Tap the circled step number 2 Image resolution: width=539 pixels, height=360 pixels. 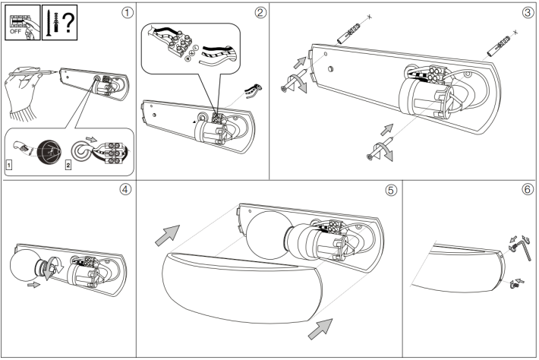(x=260, y=12)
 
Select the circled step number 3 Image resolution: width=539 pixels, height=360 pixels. (x=528, y=12)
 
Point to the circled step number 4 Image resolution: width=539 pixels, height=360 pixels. (x=125, y=190)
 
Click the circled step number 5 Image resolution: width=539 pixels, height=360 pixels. (x=390, y=190)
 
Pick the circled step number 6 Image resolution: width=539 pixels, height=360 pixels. (x=528, y=190)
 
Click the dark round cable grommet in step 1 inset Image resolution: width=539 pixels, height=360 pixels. (x=45, y=149)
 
